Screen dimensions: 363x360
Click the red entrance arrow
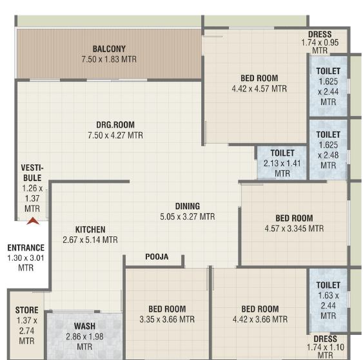coord(33,221)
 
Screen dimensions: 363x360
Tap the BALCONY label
coord(109,49)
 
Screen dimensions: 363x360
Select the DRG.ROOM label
coord(115,125)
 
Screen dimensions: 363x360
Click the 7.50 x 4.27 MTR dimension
coord(115,135)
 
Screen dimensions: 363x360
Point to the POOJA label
coord(157,257)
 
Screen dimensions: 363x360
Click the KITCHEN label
coord(90,230)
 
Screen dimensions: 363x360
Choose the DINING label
coord(188,206)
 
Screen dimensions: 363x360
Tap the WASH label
coord(84,326)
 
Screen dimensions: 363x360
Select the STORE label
coord(27,310)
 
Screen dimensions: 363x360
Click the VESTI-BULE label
coord(32,173)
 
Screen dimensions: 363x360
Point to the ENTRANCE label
coord(26,248)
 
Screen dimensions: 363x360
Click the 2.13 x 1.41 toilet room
coord(282,163)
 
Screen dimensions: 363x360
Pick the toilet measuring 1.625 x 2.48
coord(328,149)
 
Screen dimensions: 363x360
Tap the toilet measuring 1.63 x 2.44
coord(328,300)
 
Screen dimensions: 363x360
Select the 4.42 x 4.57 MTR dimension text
coord(259,89)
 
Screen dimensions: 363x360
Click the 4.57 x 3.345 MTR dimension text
coord(294,229)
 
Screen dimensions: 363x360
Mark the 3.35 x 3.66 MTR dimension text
coord(167,319)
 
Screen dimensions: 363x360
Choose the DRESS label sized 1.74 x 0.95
coord(320,34)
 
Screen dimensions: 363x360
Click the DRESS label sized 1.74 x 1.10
coord(325,339)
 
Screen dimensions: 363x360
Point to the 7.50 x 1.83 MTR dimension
coord(109,59)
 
